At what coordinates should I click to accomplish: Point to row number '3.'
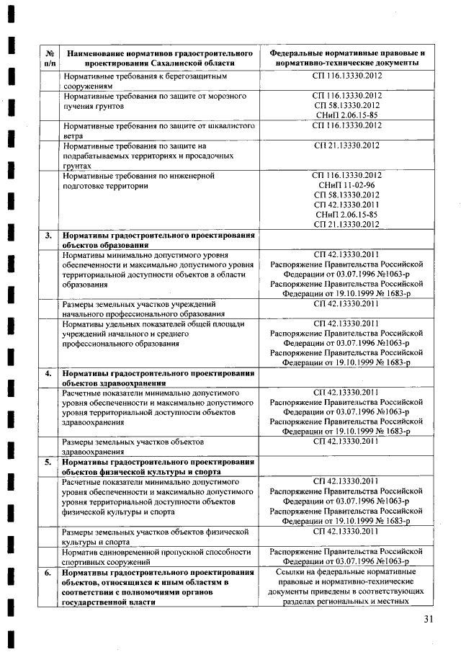point(48,235)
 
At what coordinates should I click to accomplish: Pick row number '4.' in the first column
point(48,374)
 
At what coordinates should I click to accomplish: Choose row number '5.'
point(48,462)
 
